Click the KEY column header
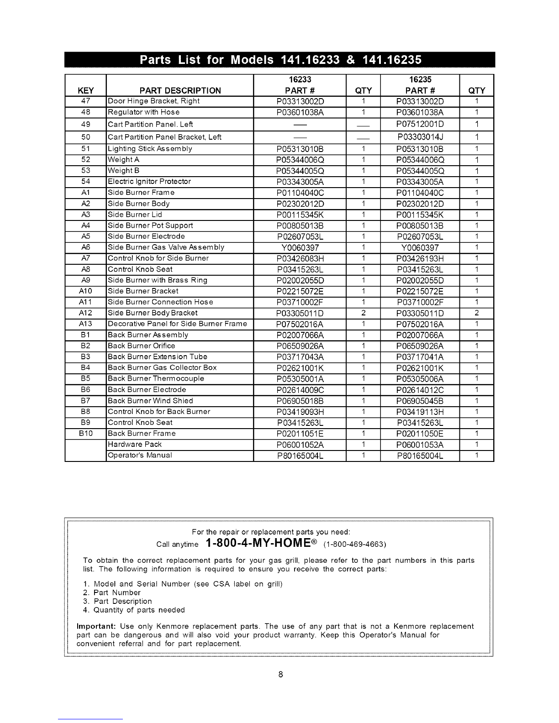click(85, 90)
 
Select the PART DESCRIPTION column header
click(180, 90)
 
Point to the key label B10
click(85, 434)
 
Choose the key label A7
click(85, 258)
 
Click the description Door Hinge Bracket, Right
click(154, 101)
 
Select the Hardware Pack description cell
click(135, 445)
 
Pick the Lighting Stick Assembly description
click(150, 149)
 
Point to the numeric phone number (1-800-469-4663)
click(355, 545)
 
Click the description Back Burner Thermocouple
click(156, 379)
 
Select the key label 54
click(85, 182)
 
